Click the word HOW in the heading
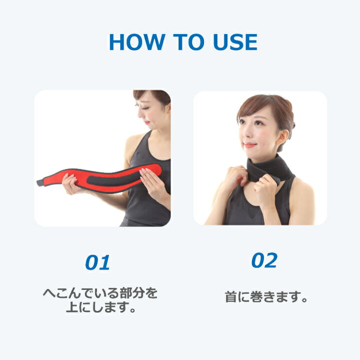137,42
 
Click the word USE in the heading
235,42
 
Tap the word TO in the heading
188,42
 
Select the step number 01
97,262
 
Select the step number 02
264,260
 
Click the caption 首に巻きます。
266,297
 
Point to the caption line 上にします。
101,307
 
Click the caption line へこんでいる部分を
100,293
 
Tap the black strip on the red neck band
113,180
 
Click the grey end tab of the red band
40,183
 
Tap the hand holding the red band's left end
70,184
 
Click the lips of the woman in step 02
249,145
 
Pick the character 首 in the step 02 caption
230,297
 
